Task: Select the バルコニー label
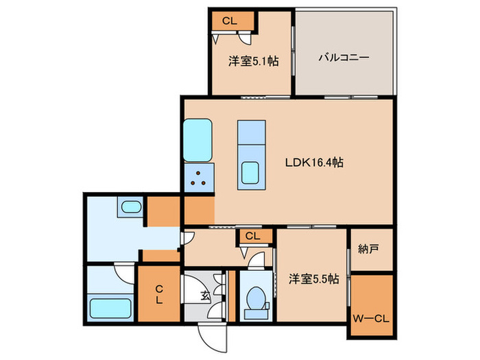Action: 344,58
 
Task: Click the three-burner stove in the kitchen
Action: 200,178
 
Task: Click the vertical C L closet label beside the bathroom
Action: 158,294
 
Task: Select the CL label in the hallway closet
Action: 252,237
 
